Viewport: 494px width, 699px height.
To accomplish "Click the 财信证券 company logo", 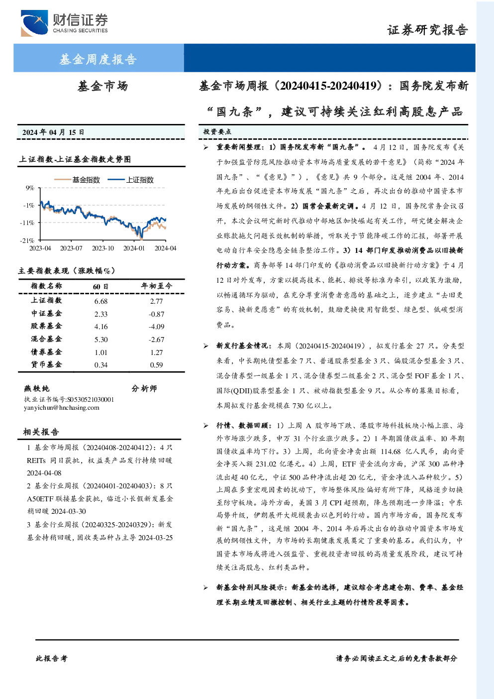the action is tap(64, 23).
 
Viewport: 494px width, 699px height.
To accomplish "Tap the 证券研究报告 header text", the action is tap(427, 30).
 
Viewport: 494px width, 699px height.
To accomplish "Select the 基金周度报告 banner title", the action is tap(98, 59).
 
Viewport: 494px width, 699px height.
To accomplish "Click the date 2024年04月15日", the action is tap(53, 132).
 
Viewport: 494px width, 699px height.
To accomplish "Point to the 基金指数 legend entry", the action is tap(77, 180).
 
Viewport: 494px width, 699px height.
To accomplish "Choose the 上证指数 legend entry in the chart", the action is tap(131, 180).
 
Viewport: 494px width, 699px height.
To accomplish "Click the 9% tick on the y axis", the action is tap(30, 188).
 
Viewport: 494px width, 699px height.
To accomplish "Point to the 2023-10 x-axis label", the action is tap(103, 248).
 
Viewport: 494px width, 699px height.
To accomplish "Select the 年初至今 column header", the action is tap(156, 286).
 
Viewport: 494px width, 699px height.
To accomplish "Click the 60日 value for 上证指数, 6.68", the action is tap(101, 301).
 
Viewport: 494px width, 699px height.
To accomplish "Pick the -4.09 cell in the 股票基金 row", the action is tap(156, 327).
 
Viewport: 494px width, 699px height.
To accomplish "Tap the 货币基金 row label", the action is tap(46, 364).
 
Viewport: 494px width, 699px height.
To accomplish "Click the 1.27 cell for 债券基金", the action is tap(157, 352).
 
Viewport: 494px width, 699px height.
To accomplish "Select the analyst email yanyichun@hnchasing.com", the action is tap(61, 408).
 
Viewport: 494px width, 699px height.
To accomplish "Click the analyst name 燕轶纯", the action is tap(37, 389).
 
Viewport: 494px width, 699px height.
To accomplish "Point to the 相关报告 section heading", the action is tap(41, 432).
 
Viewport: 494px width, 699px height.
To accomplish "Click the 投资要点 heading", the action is tap(217, 132).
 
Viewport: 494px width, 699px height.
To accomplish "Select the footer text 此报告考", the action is tap(51, 659).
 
